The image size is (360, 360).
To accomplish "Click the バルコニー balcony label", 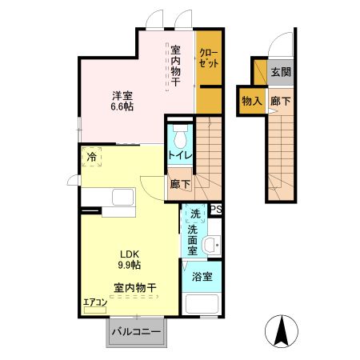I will [x=136, y=330].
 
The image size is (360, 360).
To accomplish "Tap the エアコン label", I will [x=94, y=302].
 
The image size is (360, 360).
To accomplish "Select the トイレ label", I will [x=179, y=155].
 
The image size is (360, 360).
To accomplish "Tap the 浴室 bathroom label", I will [x=202, y=277].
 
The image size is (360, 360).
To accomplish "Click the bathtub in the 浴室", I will [x=203, y=306].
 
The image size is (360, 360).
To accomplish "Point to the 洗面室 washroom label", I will [x=193, y=238].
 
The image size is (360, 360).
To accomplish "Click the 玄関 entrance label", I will [x=280, y=72].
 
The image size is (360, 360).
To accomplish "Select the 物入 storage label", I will [x=250, y=101].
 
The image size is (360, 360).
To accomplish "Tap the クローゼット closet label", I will [x=208, y=58].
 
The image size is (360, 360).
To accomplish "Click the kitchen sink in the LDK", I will [x=124, y=198].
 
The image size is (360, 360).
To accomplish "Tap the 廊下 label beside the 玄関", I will [x=280, y=101].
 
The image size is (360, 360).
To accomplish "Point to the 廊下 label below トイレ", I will [x=179, y=183].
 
